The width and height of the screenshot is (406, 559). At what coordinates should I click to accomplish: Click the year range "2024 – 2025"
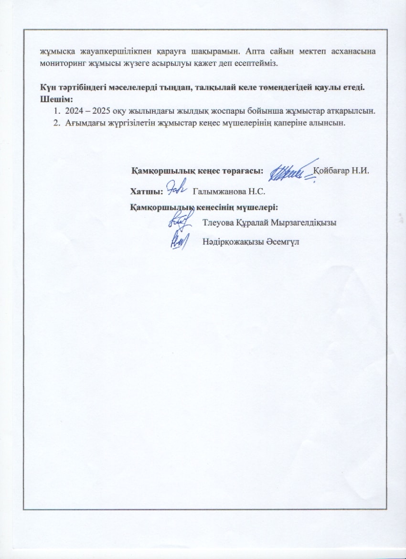(x=85, y=111)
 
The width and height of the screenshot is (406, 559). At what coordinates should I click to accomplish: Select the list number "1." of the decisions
(x=57, y=111)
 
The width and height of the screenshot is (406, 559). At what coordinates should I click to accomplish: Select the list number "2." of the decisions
(x=57, y=122)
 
